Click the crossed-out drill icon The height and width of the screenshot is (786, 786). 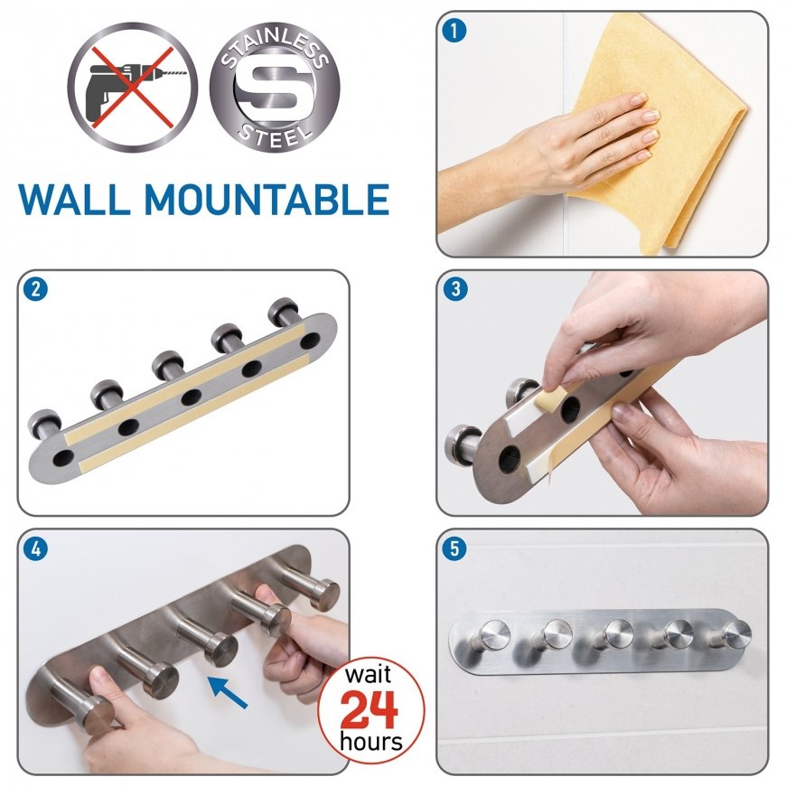133,88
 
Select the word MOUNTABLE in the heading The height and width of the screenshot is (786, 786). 267,200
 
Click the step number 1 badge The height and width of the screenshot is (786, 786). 454,30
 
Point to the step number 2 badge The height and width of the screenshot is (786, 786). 35,289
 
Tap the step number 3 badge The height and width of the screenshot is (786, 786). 455,289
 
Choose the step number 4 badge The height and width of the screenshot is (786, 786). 35,549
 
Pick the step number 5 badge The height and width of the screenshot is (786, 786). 454,548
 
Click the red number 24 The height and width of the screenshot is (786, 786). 370,709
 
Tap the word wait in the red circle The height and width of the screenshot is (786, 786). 368,675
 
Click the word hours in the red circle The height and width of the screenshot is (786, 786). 371,742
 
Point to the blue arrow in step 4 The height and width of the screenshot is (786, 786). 227,692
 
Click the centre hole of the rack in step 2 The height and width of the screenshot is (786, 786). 191,398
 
